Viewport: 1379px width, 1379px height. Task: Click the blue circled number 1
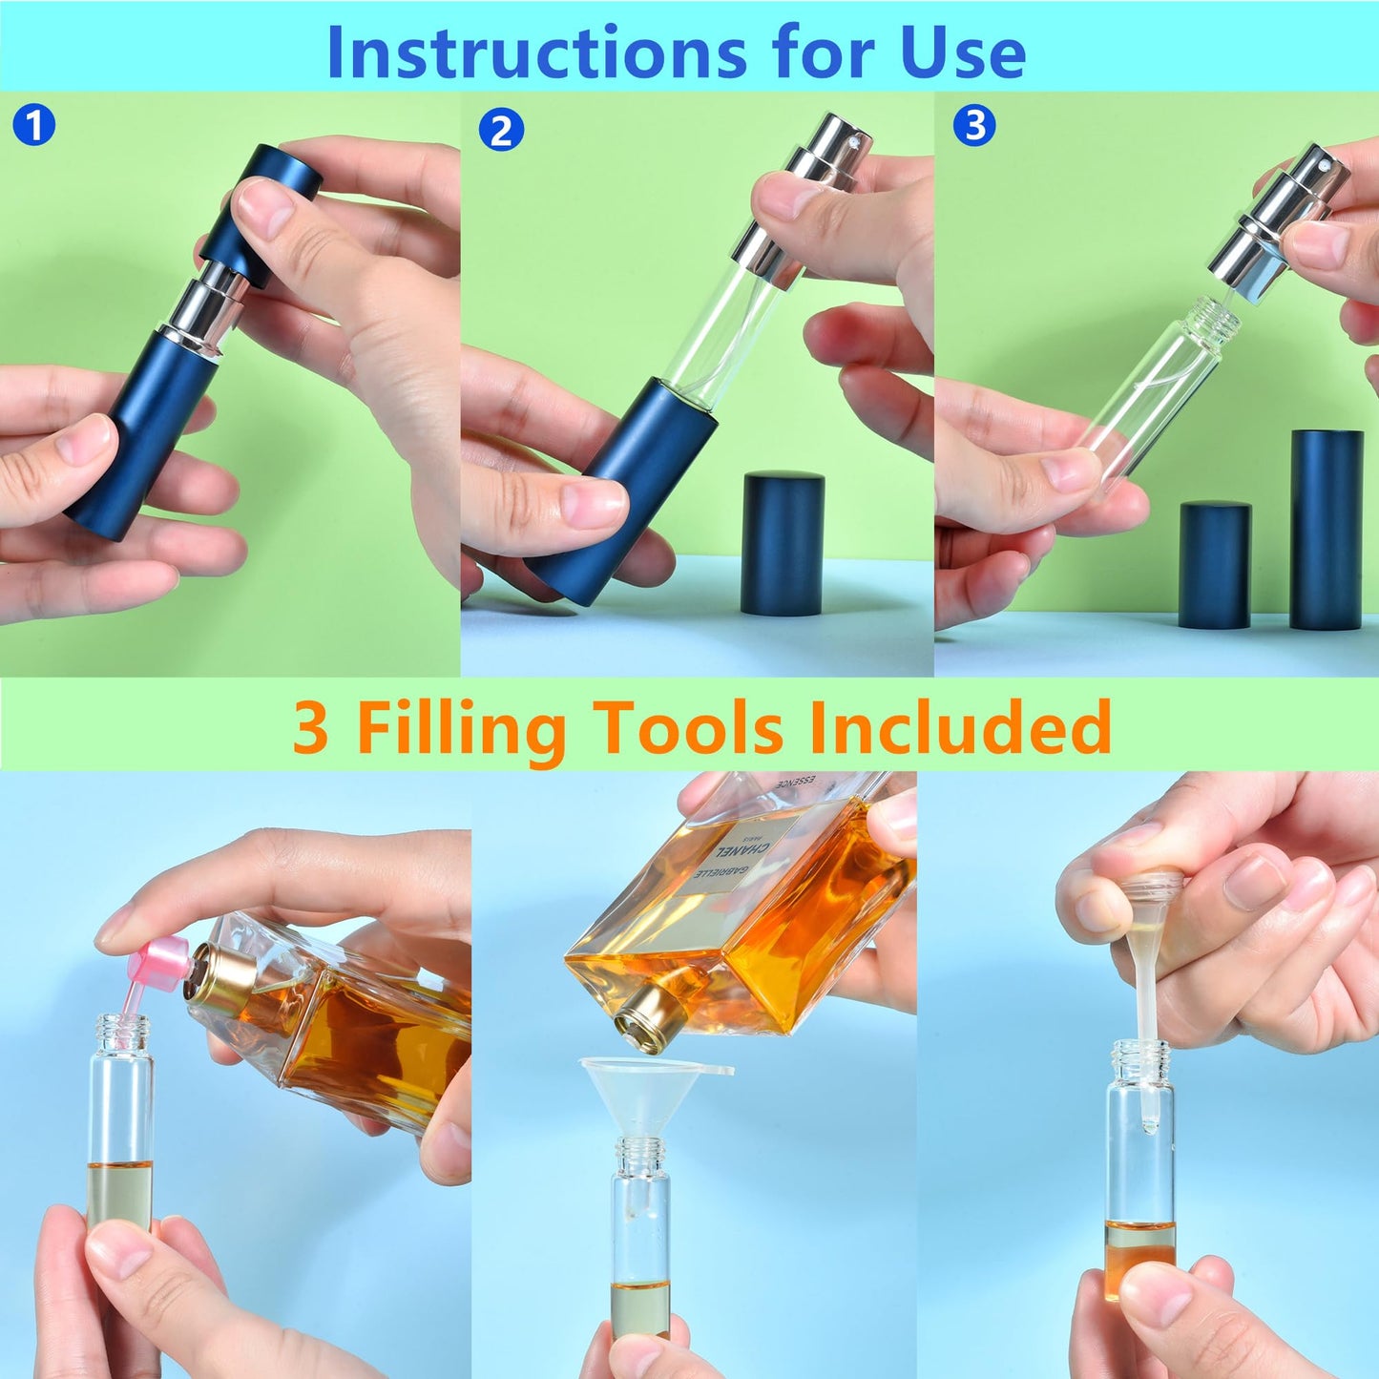pyautogui.click(x=34, y=125)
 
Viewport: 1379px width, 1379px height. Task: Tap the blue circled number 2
pyautogui.click(x=501, y=131)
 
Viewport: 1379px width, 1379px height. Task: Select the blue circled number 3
pyautogui.click(x=974, y=125)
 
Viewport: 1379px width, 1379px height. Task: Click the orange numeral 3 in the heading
pyautogui.click(x=311, y=728)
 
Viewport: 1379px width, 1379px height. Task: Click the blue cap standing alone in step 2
pyautogui.click(x=782, y=543)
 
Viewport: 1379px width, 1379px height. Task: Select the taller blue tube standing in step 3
pyautogui.click(x=1326, y=529)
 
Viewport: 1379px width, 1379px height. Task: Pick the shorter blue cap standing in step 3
pyautogui.click(x=1214, y=565)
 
